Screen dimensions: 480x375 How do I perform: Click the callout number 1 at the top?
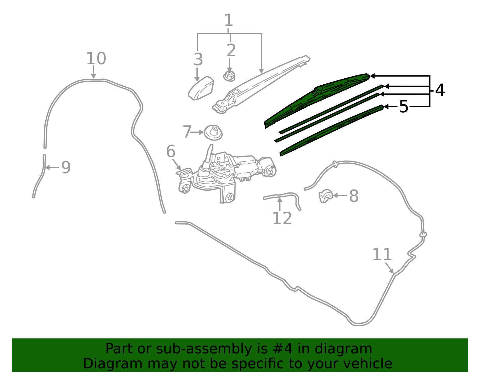click(229, 20)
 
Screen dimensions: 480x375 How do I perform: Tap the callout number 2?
click(231, 50)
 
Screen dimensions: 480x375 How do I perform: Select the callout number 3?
click(198, 59)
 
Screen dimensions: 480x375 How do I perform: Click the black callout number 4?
click(439, 90)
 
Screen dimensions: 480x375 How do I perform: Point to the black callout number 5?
click(403, 107)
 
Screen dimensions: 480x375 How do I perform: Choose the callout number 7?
click(187, 132)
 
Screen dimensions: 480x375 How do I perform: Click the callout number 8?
click(354, 196)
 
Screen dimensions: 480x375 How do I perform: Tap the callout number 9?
click(66, 167)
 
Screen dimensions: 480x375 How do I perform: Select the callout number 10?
click(96, 58)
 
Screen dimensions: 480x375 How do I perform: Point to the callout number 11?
click(382, 254)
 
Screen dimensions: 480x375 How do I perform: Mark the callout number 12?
click(282, 218)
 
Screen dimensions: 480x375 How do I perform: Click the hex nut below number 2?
click(229, 76)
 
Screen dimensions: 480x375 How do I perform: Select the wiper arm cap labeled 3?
click(201, 88)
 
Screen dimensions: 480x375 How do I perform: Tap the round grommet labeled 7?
click(213, 133)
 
